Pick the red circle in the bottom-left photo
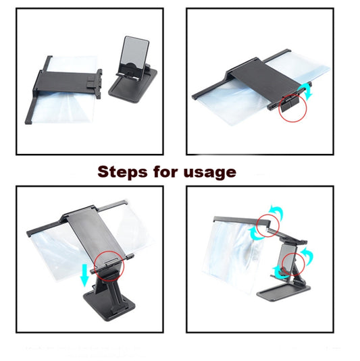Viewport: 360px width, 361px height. (111, 265)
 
